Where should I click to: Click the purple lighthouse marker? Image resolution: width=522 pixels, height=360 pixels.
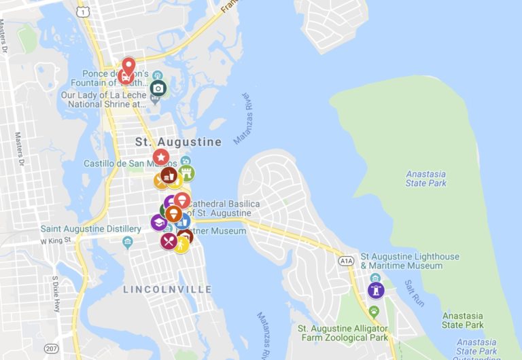[375, 290]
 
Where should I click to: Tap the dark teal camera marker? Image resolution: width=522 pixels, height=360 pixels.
[158, 88]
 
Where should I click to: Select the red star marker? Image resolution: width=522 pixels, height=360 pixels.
[161, 157]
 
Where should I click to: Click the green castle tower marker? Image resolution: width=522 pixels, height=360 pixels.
[186, 173]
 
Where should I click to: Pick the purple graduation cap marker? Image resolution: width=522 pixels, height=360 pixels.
[159, 222]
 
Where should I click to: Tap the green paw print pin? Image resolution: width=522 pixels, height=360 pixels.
[374, 311]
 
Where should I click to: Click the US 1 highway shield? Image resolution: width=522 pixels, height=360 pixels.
[83, 12]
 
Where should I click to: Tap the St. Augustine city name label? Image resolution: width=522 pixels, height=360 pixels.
[178, 142]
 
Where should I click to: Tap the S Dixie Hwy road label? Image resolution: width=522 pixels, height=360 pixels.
[56, 293]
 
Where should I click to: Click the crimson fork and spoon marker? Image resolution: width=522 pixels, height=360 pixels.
[169, 241]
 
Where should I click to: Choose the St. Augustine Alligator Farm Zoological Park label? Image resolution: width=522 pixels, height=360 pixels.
[343, 333]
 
